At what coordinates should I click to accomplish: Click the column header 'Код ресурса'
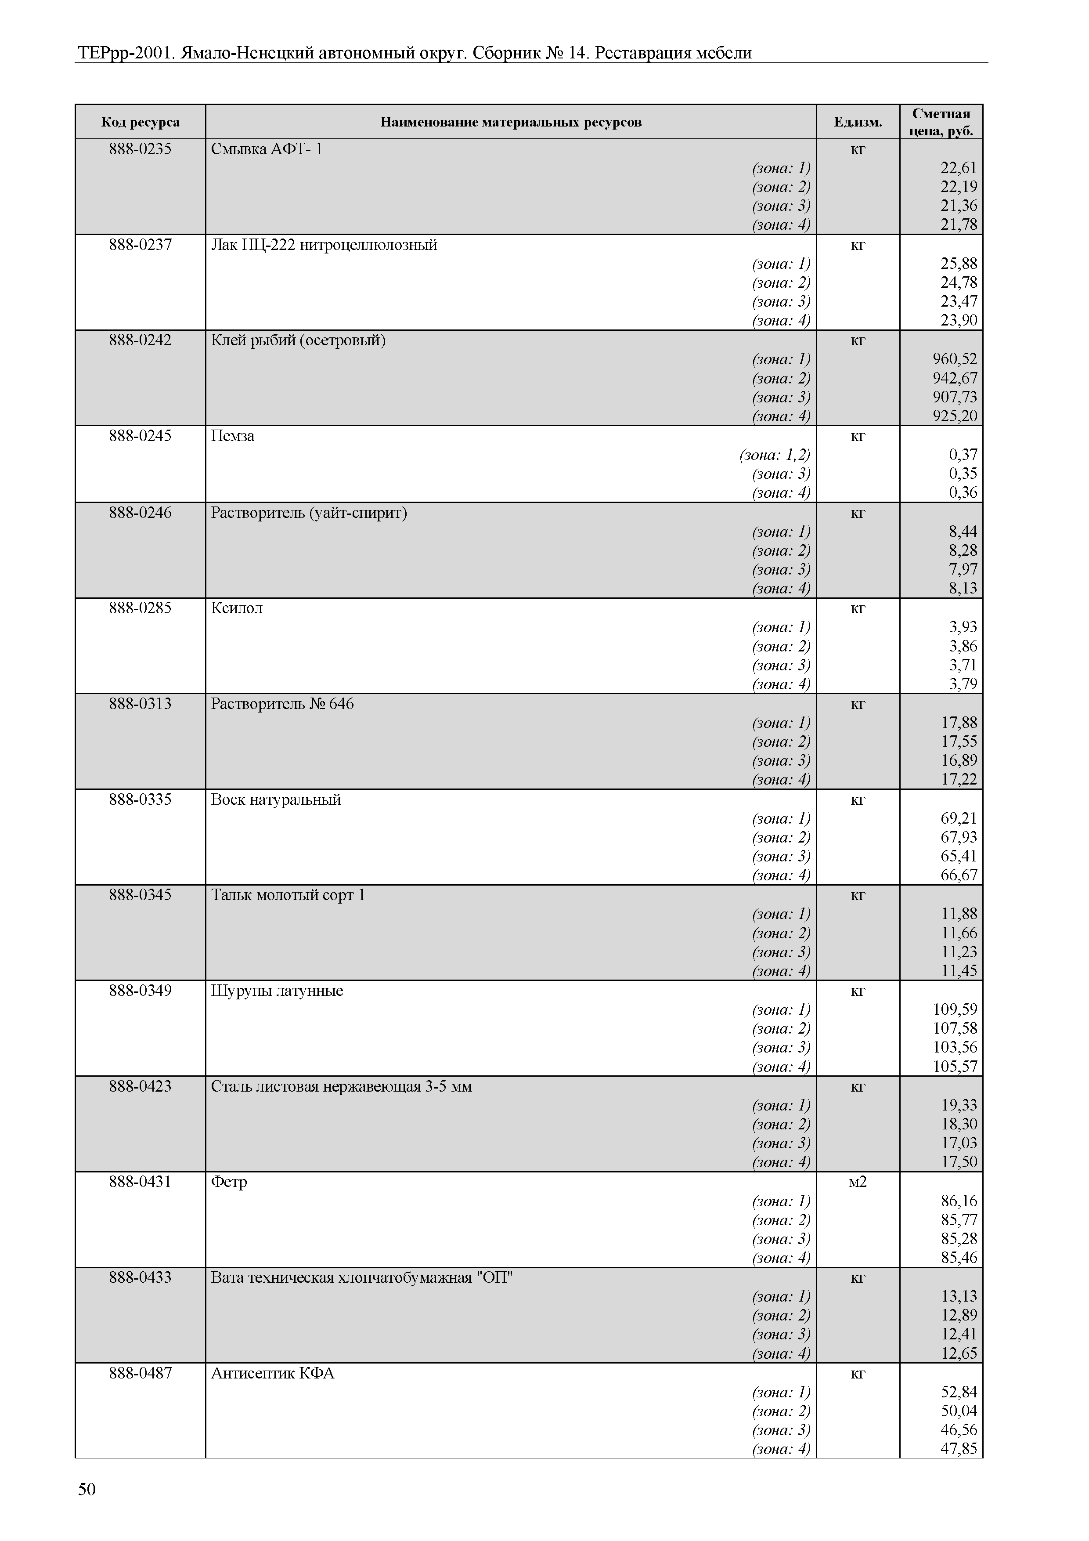[140, 122]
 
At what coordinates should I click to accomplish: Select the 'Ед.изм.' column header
[858, 122]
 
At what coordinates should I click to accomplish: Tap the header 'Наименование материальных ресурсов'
[511, 122]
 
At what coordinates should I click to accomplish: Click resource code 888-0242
[140, 340]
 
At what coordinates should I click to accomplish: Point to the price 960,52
[955, 359]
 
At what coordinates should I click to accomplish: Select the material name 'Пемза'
[233, 436]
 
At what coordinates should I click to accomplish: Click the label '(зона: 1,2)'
[775, 455]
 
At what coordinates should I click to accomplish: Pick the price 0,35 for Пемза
[963, 474]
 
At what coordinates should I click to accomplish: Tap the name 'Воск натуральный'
[276, 799]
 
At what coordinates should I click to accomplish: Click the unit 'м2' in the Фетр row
[858, 1182]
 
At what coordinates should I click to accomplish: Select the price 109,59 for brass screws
[955, 1009]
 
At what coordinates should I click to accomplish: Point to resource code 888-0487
[140, 1373]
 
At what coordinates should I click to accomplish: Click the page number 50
[87, 1489]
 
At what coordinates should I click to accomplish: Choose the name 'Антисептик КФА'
[272, 1373]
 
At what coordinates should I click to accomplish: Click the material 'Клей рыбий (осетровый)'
[298, 340]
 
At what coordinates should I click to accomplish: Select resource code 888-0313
[140, 704]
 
